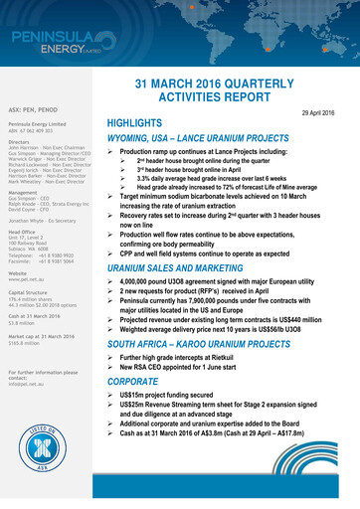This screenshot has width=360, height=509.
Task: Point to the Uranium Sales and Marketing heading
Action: (184, 268)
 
